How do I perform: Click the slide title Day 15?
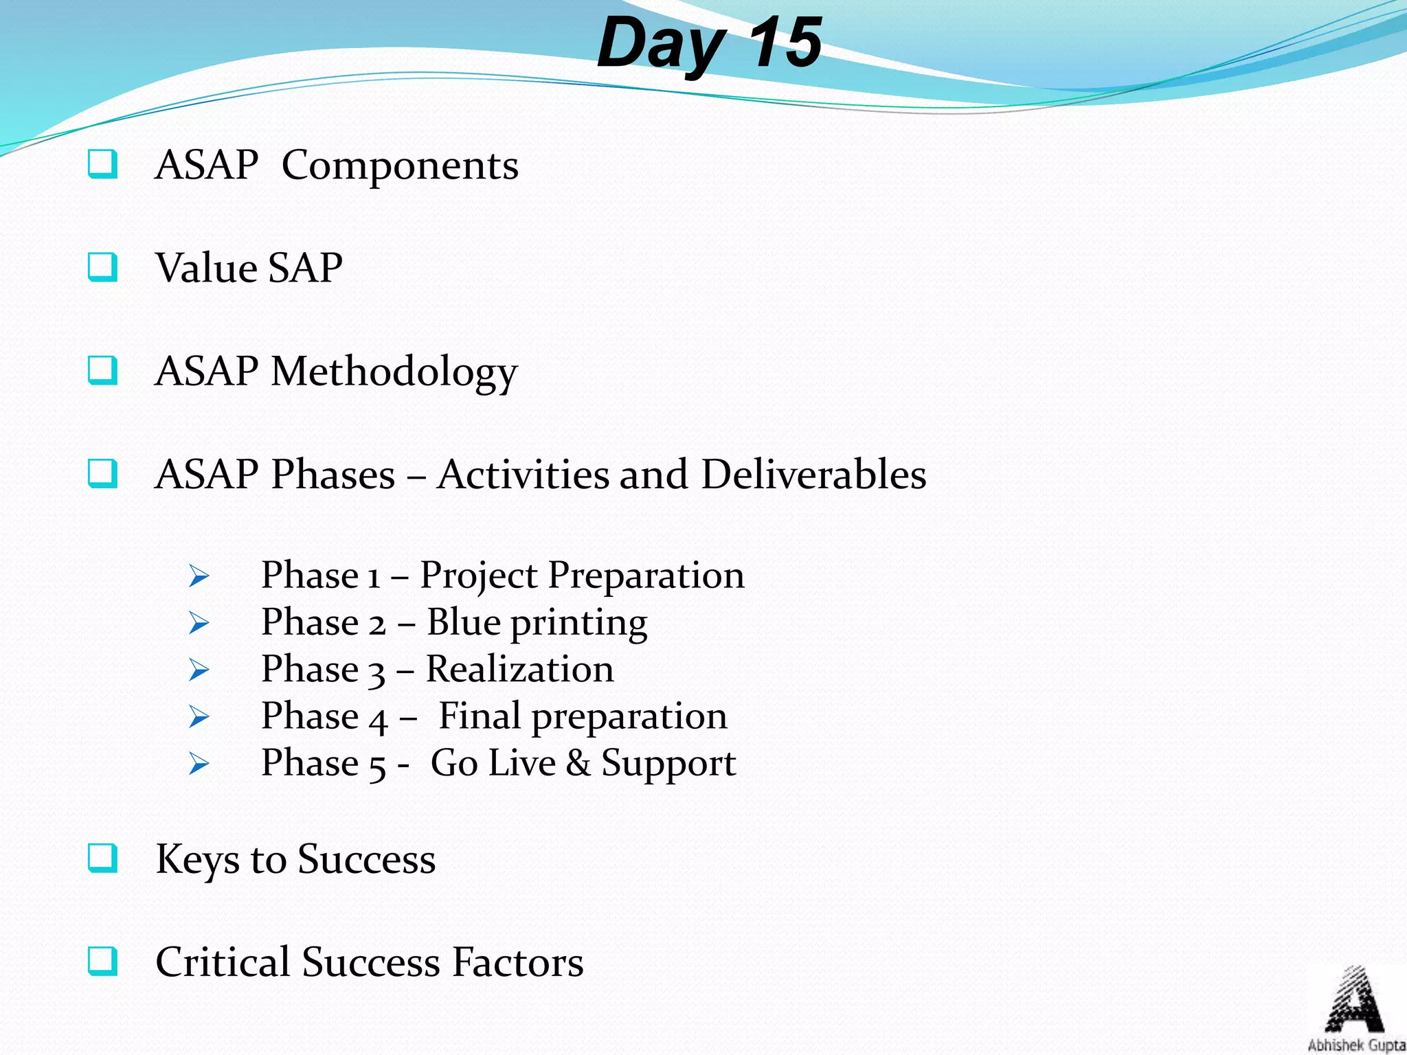(708, 43)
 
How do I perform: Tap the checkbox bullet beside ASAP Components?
(102, 165)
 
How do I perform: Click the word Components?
(400, 166)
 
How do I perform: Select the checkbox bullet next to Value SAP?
(102, 267)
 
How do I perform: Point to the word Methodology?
(394, 372)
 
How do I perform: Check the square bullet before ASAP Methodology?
(102, 371)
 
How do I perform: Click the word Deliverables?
(813, 475)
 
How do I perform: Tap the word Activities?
(523, 475)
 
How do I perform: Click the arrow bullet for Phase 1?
(199, 576)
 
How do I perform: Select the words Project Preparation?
(582, 576)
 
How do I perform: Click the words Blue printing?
(537, 623)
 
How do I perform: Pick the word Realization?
(519, 669)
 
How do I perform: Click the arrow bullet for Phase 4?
(199, 717)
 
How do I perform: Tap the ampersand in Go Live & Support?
(578, 763)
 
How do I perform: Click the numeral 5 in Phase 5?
(377, 766)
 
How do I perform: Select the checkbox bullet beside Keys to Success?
(102, 858)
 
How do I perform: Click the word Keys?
(196, 860)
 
